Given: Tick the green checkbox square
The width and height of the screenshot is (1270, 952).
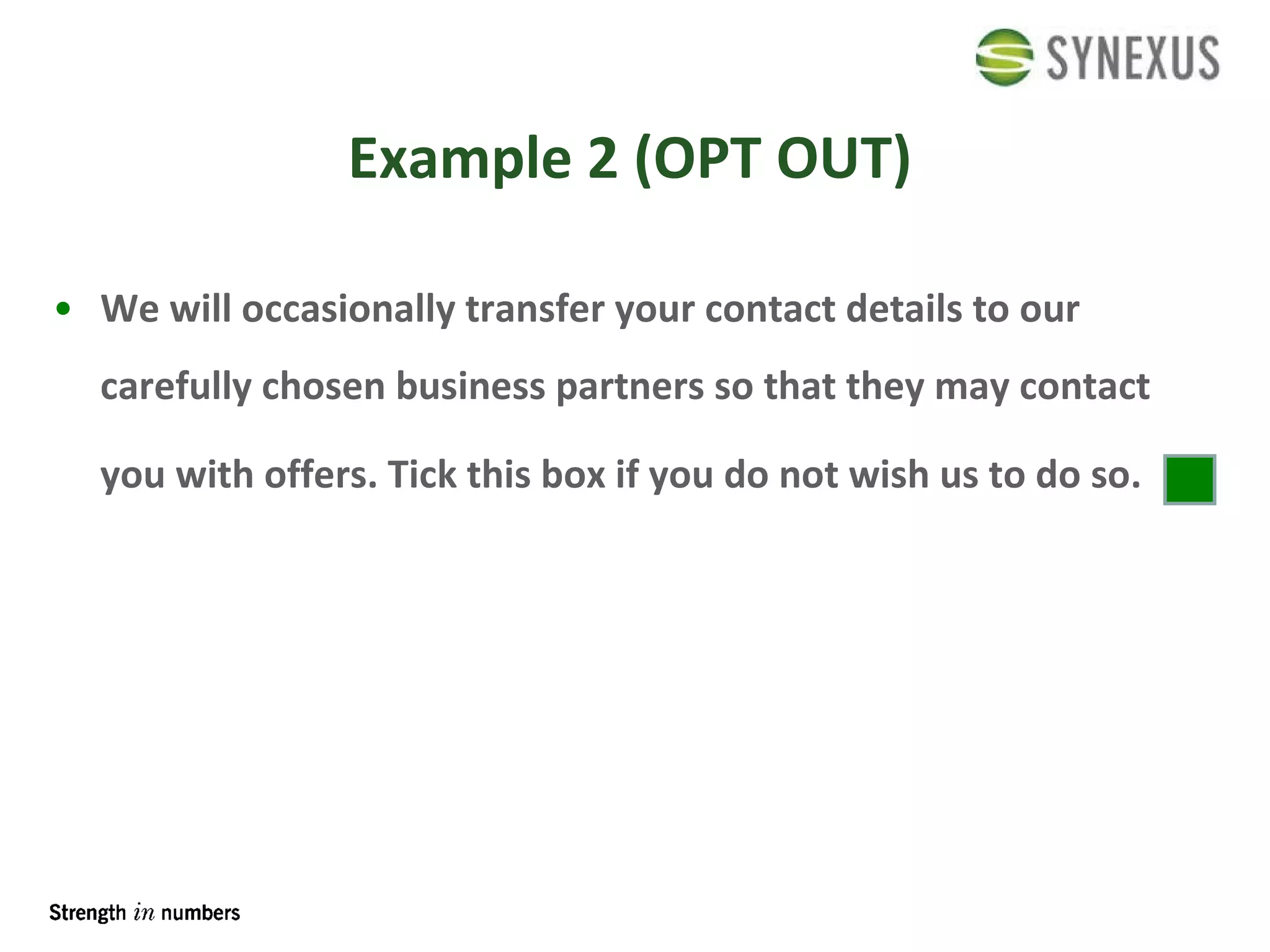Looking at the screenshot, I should [1189, 479].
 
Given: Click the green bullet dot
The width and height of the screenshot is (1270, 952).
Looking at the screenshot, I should [63, 308].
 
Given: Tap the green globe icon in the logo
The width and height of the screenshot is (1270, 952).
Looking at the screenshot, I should [1004, 57].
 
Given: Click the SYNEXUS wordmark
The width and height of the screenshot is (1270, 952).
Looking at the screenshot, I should [1133, 58].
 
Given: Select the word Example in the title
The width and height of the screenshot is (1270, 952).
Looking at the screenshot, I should [460, 159].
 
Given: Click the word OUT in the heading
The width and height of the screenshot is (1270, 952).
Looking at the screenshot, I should [843, 159].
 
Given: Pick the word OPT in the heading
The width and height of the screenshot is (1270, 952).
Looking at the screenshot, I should [707, 159].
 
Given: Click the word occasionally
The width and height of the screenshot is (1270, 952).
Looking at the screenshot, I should [348, 309].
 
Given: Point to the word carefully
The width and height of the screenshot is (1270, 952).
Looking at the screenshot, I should [175, 387].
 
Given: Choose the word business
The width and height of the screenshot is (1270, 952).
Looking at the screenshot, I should [470, 386].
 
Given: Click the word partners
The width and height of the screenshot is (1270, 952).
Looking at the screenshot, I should [629, 387].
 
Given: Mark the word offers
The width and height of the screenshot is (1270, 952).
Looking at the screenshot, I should [321, 475].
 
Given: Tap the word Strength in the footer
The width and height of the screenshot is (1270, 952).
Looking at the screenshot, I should [87, 913].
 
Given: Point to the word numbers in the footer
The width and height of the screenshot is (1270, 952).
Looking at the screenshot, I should [200, 913].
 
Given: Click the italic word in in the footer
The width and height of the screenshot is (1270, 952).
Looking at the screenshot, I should [143, 913].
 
